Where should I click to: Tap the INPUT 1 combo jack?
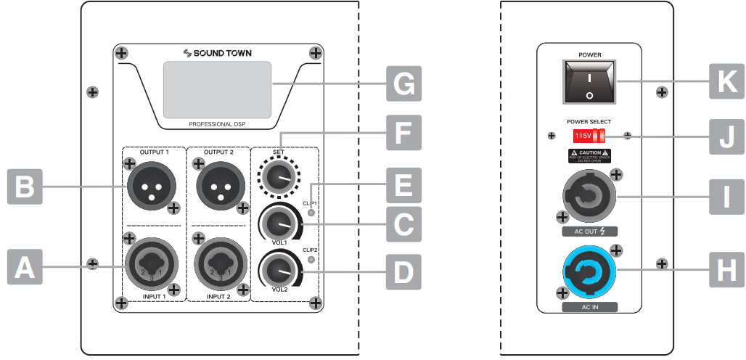150,265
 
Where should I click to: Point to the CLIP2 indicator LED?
312,259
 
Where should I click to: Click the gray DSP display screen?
217,89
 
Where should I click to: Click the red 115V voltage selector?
589,136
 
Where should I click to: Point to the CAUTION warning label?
589,155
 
